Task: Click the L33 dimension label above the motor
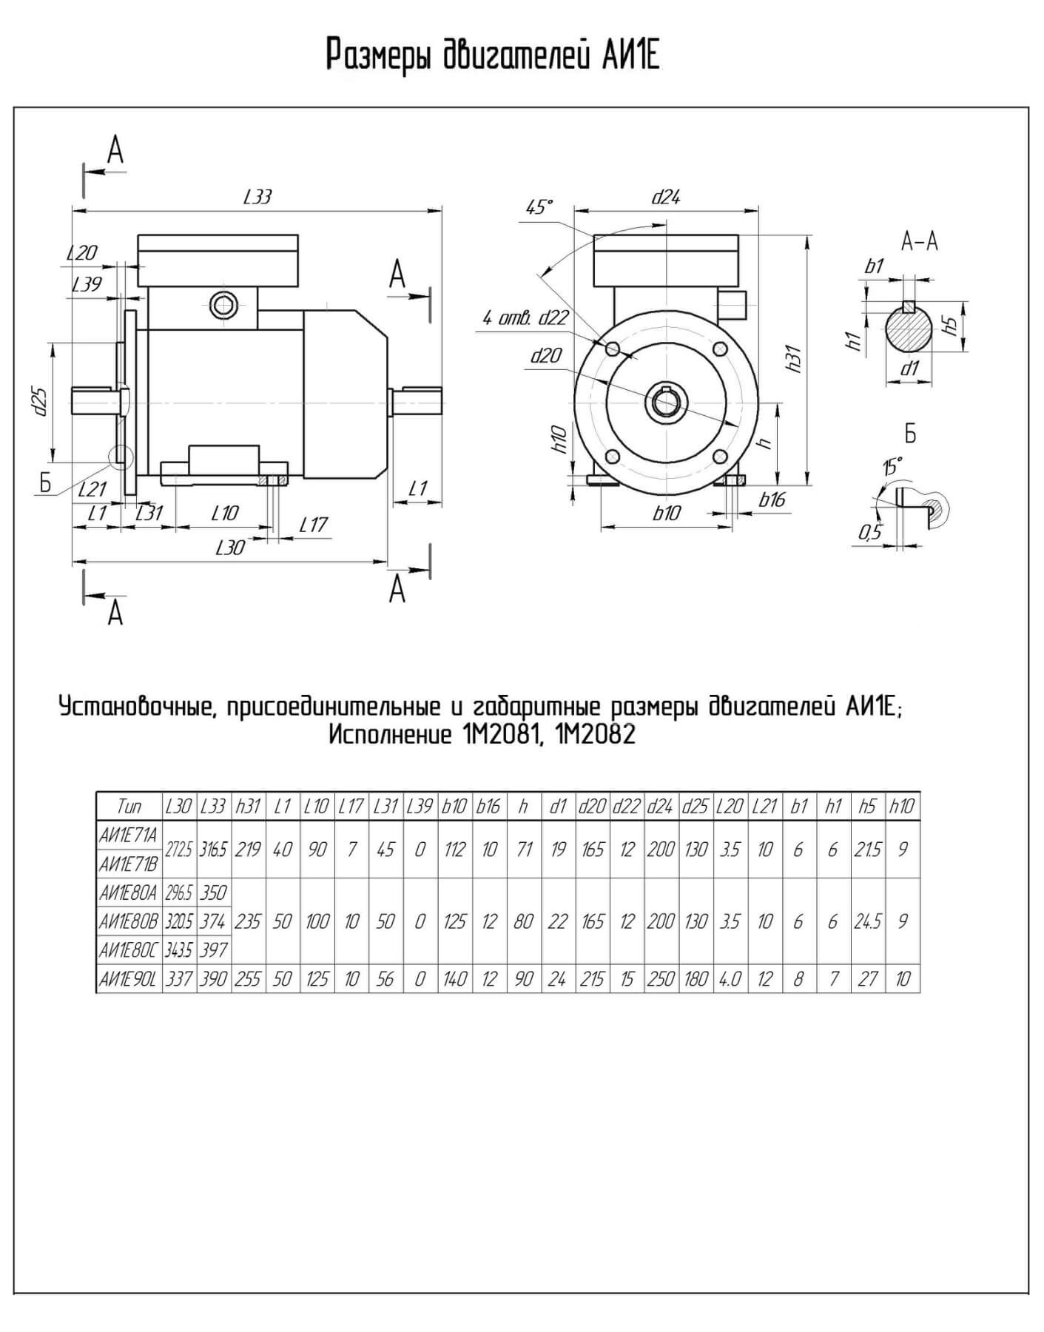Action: pos(257,197)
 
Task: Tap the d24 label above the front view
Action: pos(665,197)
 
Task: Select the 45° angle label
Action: pos(539,208)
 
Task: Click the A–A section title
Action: pos(920,241)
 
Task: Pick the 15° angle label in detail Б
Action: pos(892,467)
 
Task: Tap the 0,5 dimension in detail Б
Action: pos(870,531)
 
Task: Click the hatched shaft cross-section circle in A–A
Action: pos(909,334)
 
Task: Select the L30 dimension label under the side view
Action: pos(229,548)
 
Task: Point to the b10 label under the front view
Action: pos(666,513)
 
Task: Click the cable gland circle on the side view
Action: pos(222,304)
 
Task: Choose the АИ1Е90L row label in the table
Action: pos(128,979)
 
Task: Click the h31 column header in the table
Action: pos(248,806)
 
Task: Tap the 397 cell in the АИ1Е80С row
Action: pos(213,950)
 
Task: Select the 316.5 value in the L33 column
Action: pos(213,850)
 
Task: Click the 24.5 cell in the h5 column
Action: pos(867,921)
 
